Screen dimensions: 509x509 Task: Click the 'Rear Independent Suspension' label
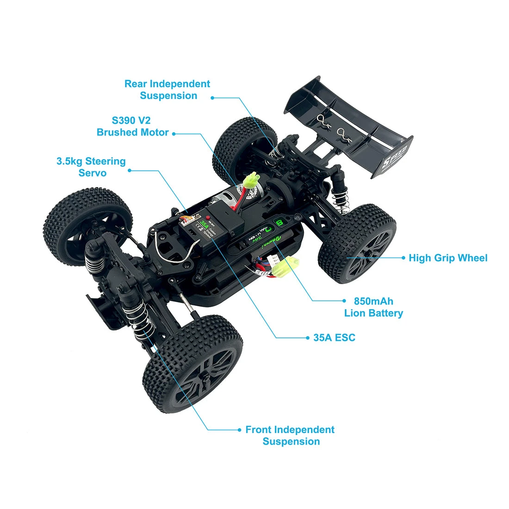[168, 90]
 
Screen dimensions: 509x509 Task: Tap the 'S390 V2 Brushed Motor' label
[133, 126]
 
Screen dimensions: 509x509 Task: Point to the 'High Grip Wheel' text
[448, 258]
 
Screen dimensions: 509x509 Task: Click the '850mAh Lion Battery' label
[373, 307]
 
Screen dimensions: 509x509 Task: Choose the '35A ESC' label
[334, 338]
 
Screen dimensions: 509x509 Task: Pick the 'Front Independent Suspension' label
[290, 435]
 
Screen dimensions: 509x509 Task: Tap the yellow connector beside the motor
[252, 180]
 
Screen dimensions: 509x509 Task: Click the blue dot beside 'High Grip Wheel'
[404, 258]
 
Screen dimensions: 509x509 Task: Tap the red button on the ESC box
[209, 217]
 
